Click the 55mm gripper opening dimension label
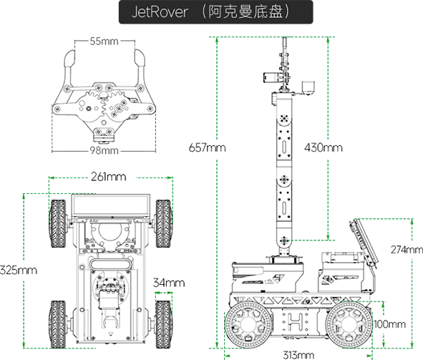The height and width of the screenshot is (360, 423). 104,42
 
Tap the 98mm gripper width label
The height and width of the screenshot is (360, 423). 104,150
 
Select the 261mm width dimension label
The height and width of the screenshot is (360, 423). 109,177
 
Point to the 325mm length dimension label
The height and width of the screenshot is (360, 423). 19,270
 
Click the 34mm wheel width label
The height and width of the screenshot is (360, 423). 169,283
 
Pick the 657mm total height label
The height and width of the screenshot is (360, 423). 207,147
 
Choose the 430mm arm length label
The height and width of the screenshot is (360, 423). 324,147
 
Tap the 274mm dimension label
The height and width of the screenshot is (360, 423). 407,250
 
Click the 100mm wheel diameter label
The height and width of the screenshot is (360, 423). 390,324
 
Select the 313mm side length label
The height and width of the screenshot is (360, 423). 298,355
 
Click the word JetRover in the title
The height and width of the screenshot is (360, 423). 160,12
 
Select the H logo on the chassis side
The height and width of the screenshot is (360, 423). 294,321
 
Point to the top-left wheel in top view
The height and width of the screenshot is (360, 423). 58,223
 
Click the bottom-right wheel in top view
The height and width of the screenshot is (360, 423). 163,324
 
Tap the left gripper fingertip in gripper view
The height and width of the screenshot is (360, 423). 69,59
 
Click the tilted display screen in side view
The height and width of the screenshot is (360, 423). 364,241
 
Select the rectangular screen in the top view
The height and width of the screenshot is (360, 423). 111,205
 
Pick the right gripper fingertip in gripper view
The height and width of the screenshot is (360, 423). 140,58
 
